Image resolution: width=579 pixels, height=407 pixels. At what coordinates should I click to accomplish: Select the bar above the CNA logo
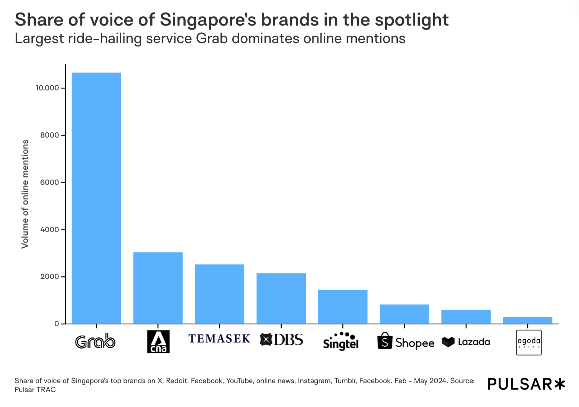[158, 288]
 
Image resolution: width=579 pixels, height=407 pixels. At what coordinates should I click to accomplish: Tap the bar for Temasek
[220, 294]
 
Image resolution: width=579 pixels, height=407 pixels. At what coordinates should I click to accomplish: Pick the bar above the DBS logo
[281, 298]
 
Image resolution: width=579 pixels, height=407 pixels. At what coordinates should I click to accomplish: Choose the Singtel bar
[343, 307]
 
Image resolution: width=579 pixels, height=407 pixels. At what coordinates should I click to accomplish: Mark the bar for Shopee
[404, 314]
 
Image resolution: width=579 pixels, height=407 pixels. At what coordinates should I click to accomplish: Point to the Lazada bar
[466, 317]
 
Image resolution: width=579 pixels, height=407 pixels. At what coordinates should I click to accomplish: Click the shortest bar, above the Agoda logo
[527, 320]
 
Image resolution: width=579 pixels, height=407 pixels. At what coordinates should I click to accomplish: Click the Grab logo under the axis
[95, 342]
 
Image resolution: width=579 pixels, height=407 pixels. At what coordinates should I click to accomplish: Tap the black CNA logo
[158, 342]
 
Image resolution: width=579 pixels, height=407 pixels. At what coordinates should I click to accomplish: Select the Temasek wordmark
[220, 339]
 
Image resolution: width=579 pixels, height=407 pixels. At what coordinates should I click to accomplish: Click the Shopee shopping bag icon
[385, 341]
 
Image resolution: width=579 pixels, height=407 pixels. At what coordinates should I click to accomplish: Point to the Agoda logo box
[529, 342]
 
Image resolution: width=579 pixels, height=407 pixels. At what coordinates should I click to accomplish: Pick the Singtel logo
[341, 342]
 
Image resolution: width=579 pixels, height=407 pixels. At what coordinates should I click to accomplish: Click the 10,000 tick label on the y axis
[47, 88]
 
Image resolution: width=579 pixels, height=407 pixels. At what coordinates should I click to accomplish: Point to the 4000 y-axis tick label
[49, 230]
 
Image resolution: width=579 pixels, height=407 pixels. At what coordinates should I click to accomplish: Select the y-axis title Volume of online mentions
[25, 194]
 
